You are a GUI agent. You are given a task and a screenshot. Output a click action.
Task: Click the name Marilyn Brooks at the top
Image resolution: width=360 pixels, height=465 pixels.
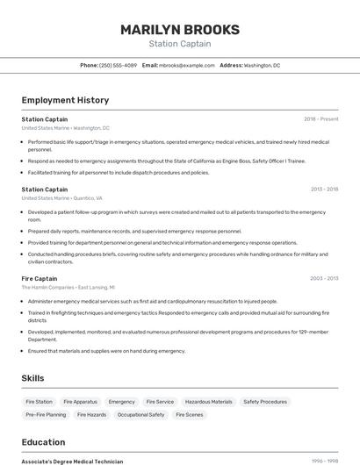click(x=179, y=30)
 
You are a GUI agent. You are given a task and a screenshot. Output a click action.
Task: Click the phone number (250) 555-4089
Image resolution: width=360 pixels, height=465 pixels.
click(x=118, y=65)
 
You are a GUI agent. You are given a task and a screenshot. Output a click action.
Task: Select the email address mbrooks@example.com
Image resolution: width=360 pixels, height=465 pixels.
click(x=187, y=65)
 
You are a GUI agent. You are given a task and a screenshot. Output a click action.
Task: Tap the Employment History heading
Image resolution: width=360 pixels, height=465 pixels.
click(x=65, y=100)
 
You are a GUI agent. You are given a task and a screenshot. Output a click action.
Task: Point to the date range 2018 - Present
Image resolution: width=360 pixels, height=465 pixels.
click(x=320, y=119)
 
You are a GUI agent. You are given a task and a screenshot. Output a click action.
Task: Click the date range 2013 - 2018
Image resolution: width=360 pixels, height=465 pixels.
click(x=323, y=190)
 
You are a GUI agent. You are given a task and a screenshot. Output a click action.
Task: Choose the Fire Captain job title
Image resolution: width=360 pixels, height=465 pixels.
click(x=40, y=278)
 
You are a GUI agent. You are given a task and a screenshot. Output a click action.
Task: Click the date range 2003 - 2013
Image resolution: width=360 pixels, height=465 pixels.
click(x=323, y=278)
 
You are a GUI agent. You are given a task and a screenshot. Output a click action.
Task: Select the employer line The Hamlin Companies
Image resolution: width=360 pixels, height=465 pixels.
click(x=68, y=287)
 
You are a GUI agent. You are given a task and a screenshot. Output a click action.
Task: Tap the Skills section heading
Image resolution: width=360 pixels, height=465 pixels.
click(x=33, y=378)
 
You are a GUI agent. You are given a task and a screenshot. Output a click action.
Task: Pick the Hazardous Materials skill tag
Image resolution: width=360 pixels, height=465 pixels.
click(x=209, y=402)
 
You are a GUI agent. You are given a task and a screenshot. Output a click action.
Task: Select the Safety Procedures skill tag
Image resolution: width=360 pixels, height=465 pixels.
click(x=265, y=402)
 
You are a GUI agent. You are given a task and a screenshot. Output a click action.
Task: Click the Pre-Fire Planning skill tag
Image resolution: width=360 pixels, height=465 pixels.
click(x=46, y=414)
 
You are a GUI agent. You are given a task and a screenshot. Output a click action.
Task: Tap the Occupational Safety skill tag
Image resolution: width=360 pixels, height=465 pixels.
click(x=140, y=414)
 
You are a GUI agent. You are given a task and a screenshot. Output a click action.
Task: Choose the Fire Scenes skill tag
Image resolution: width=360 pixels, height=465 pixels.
click(x=189, y=414)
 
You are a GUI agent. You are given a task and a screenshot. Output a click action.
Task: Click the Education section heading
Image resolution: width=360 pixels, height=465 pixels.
click(x=43, y=442)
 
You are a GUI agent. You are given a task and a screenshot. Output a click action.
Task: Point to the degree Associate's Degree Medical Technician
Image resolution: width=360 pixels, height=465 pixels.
click(x=72, y=461)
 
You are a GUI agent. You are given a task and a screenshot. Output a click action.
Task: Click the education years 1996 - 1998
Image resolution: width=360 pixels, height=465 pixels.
click(x=325, y=461)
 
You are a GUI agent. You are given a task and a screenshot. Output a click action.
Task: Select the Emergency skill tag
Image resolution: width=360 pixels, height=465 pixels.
click(x=121, y=402)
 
